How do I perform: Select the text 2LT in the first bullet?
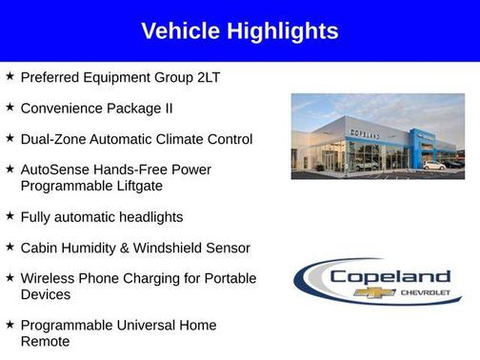206,77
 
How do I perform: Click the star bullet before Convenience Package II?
9,108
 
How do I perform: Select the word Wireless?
48,279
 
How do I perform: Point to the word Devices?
47,295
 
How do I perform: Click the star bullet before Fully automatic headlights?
9,216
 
